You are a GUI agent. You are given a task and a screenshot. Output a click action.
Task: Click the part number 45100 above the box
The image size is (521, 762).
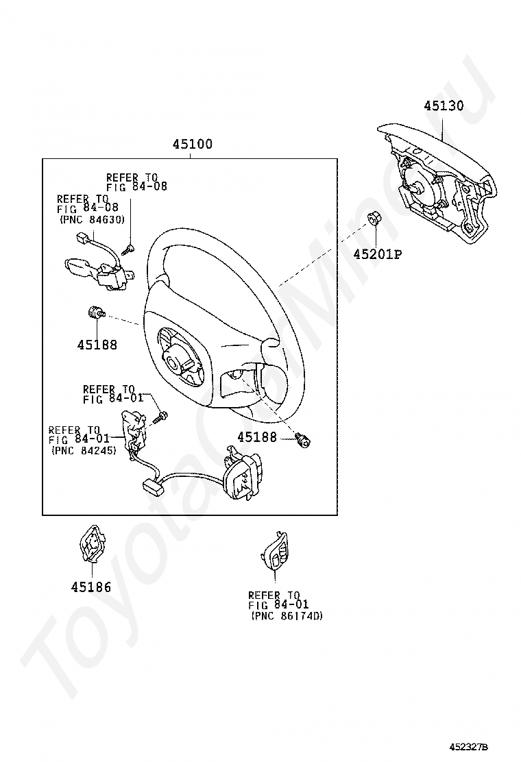tap(193, 144)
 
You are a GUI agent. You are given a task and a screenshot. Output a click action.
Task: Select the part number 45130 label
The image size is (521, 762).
tap(444, 106)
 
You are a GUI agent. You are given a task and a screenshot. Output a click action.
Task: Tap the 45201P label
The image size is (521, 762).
tap(378, 254)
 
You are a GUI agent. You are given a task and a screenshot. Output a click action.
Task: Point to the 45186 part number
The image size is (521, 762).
tap(91, 587)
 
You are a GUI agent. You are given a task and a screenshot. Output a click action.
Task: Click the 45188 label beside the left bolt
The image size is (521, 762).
tap(97, 345)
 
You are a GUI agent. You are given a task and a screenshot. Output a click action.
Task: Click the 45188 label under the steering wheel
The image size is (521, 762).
tap(257, 437)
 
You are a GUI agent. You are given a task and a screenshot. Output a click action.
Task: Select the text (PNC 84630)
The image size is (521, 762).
tap(93, 220)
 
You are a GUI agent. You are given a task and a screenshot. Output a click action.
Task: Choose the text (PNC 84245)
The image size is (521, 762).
tap(84, 450)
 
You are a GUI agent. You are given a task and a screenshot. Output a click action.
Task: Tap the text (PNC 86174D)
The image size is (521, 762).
tap(287, 616)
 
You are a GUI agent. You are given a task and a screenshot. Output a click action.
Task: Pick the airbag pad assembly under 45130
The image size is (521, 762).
tap(437, 184)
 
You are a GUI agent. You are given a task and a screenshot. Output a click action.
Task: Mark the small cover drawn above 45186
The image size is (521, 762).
tap(92, 543)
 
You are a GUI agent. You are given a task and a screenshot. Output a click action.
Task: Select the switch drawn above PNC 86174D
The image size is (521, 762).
tap(274, 552)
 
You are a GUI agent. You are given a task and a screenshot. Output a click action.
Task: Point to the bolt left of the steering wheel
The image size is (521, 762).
tap(96, 313)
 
